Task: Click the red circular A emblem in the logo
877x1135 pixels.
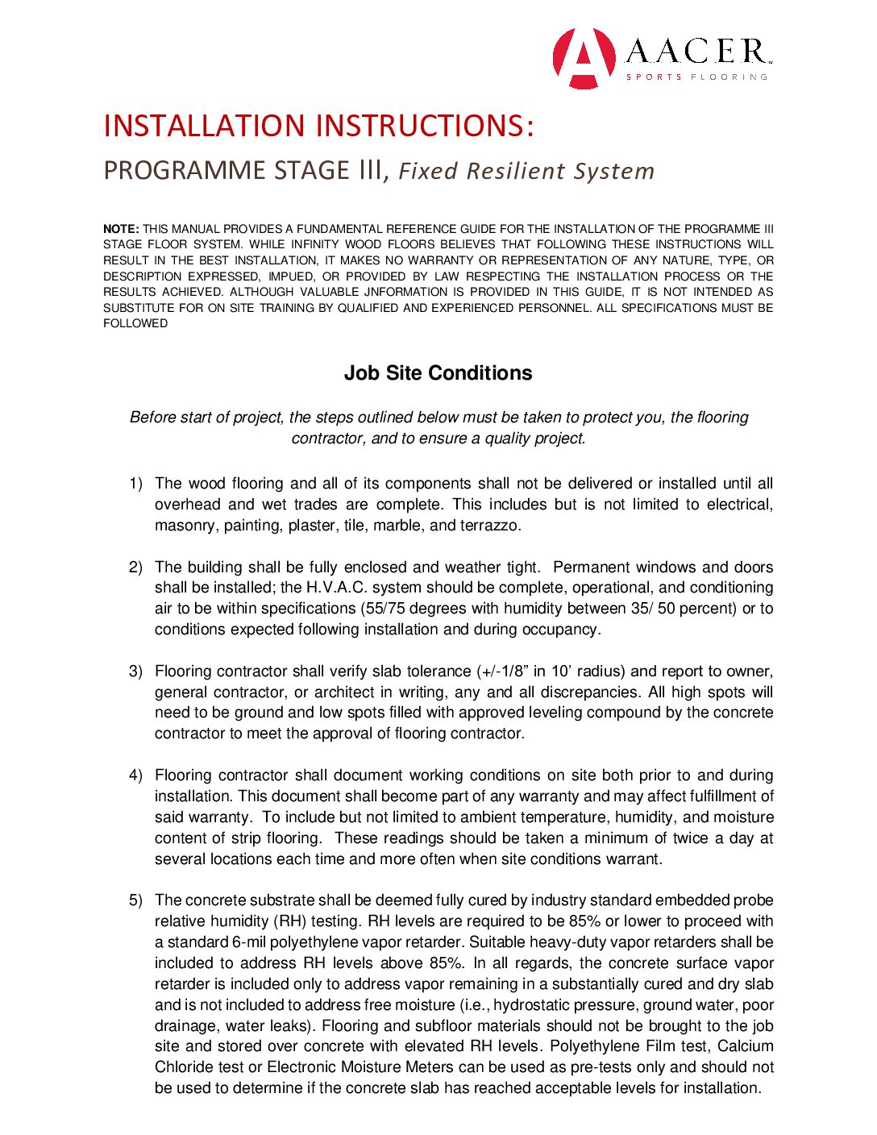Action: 584,58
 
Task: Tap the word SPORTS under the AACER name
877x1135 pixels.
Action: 654,77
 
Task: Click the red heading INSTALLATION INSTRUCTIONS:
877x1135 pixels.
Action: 318,126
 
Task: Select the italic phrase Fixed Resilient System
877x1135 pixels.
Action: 526,171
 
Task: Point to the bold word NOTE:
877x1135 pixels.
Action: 121,229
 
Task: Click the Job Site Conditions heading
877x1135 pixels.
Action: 438,373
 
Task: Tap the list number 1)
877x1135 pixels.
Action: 135,484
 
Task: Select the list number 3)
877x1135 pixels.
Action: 135,671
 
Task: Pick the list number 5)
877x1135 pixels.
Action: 135,900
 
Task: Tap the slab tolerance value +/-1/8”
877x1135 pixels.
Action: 503,671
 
